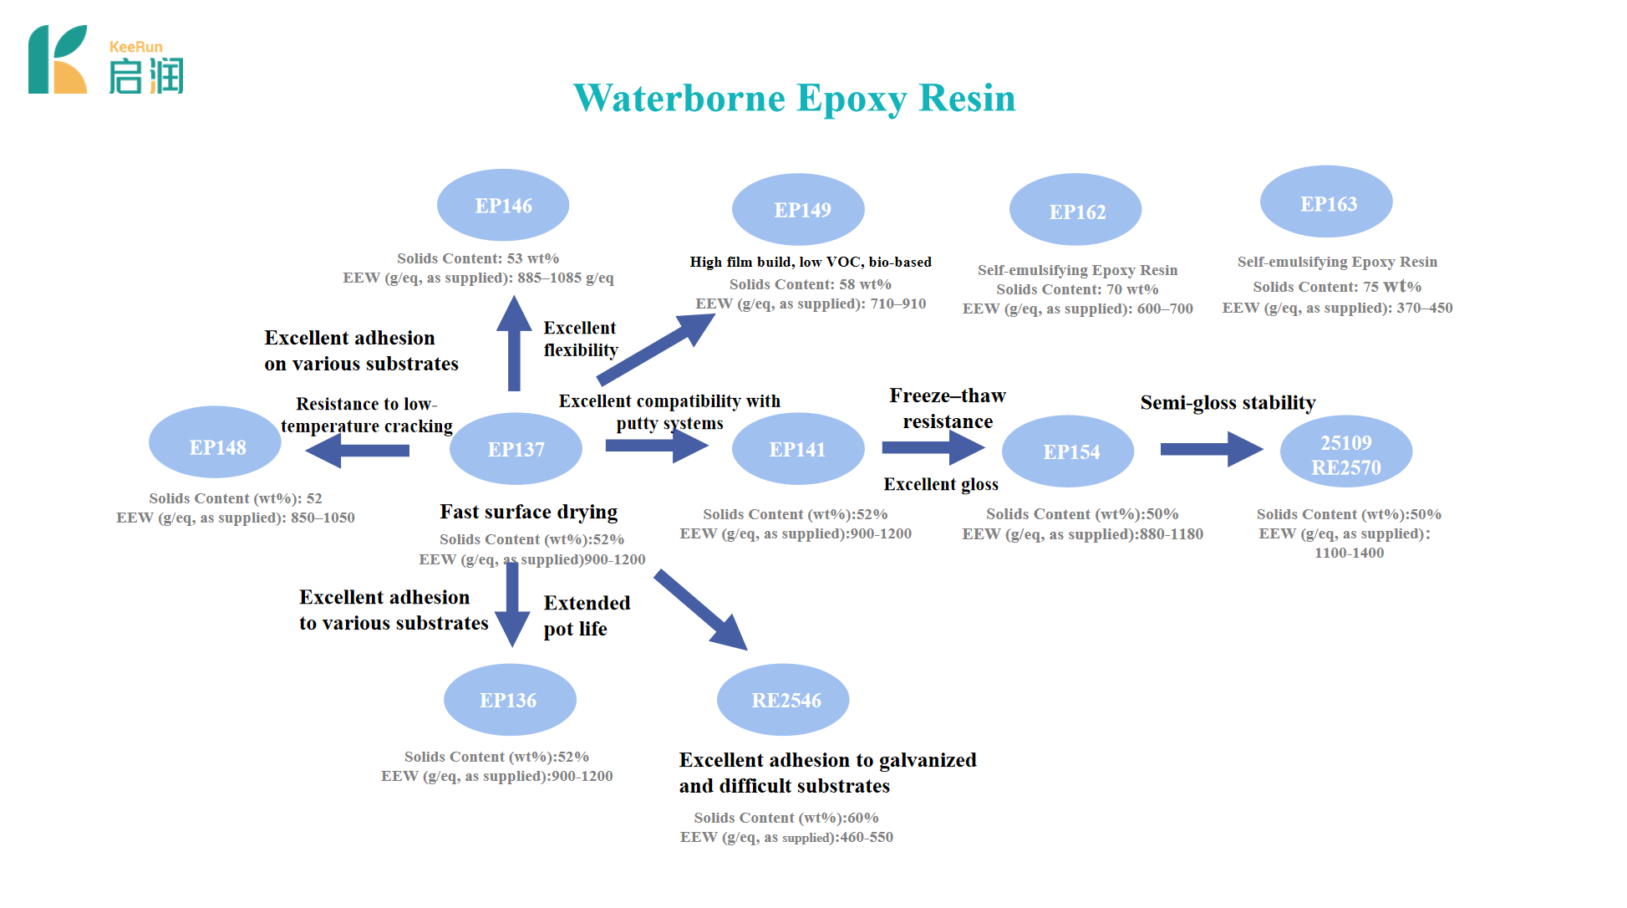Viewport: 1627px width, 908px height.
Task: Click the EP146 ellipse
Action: (503, 206)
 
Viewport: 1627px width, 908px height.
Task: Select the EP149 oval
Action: (798, 209)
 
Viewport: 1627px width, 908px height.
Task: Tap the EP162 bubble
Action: (1075, 210)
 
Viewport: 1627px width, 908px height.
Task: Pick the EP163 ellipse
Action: (1326, 202)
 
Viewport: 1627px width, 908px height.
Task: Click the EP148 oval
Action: (215, 442)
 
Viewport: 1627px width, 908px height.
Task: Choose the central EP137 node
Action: (516, 449)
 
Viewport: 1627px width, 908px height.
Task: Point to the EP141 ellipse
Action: (798, 449)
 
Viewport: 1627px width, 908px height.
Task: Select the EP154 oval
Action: (1068, 451)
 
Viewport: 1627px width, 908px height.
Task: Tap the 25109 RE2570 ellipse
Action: (1346, 452)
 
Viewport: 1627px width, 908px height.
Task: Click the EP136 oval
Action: (510, 700)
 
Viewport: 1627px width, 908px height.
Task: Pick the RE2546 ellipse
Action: (783, 700)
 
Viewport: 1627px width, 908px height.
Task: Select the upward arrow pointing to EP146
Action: (514, 344)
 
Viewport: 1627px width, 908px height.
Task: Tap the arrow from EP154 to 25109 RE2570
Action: (1211, 449)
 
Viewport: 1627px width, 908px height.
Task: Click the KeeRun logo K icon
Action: (58, 59)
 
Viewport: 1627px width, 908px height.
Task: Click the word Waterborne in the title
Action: (679, 98)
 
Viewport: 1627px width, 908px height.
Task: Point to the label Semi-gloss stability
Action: (1228, 403)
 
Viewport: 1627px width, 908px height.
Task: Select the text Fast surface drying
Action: (528, 512)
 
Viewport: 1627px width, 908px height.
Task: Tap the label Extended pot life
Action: (587, 615)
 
